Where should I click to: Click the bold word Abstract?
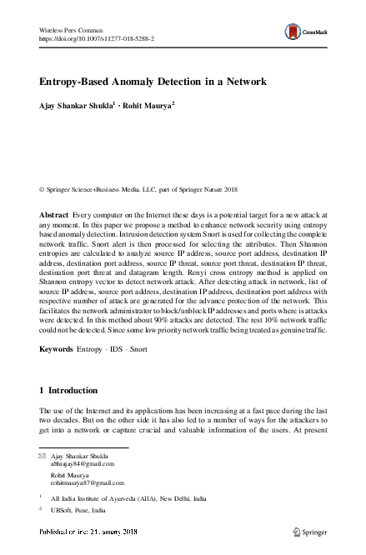55,216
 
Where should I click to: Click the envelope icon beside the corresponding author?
43,457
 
